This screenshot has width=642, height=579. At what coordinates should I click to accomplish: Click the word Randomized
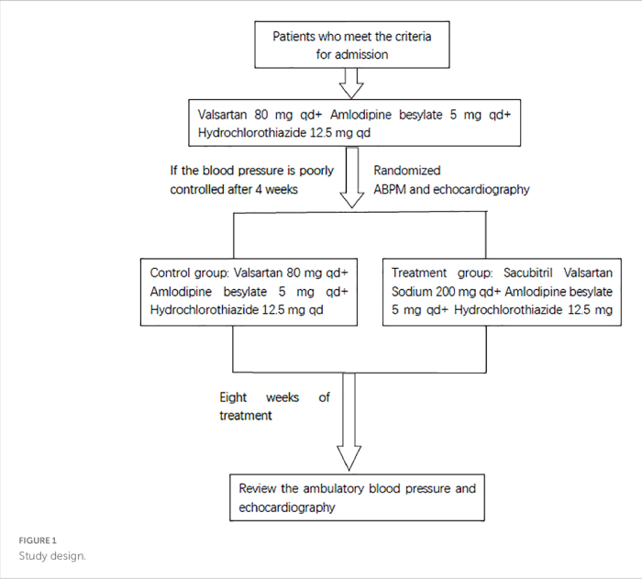[x=407, y=171]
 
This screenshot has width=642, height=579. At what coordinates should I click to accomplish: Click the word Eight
[x=234, y=397]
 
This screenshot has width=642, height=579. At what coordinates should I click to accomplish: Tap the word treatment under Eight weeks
[x=247, y=416]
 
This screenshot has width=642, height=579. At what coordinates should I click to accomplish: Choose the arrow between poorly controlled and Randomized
[x=352, y=187]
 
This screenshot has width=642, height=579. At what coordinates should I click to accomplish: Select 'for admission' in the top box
[x=352, y=54]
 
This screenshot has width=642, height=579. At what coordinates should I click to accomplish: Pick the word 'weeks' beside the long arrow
[x=282, y=397]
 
